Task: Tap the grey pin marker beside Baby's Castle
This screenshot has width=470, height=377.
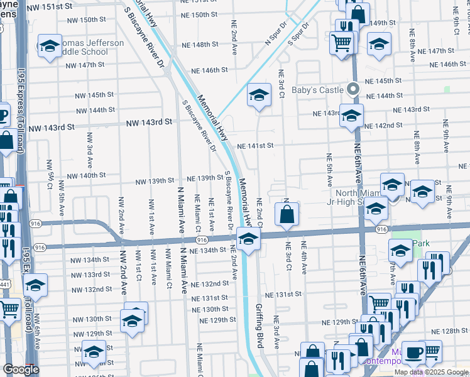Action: [353, 89]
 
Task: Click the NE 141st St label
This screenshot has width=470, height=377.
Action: [255, 146]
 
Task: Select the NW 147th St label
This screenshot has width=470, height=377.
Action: [84, 65]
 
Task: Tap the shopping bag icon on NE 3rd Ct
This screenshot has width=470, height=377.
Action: [287, 214]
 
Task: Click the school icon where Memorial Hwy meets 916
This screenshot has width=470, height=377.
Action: [248, 238]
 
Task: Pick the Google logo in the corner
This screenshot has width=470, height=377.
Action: [21, 369]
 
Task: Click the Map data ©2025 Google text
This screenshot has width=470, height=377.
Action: [431, 372]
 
